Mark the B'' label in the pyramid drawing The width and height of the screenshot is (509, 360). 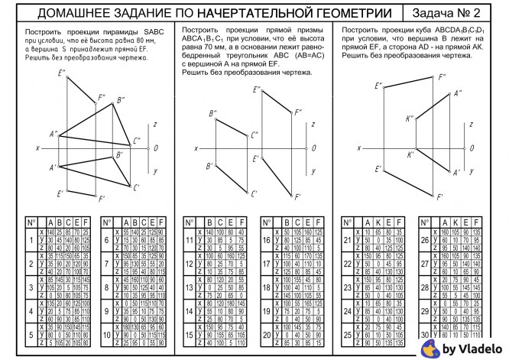(121, 100)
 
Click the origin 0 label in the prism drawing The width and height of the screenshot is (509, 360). (313, 148)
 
